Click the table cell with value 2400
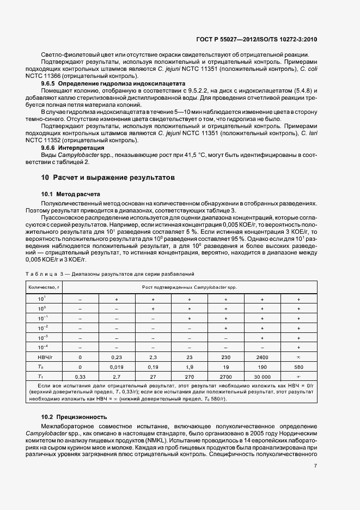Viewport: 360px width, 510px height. (x=262, y=357)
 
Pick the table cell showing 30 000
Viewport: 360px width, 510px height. (x=262, y=377)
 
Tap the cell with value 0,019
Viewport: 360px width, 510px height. (x=117, y=367)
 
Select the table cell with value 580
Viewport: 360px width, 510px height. (x=298, y=367)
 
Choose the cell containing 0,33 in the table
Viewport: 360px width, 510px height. (x=80, y=377)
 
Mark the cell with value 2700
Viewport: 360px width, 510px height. (x=225, y=377)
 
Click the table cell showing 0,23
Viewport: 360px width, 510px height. (x=117, y=357)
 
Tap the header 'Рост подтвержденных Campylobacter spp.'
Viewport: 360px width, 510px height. (x=189, y=287)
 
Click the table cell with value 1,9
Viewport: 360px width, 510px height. (x=189, y=367)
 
